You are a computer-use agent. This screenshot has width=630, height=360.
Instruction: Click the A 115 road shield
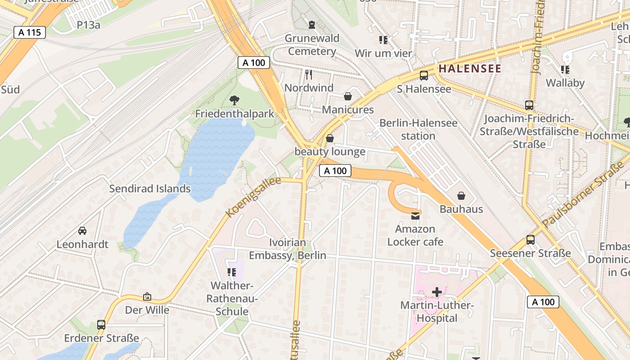click(x=30, y=32)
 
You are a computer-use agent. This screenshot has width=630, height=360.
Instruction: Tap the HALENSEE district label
click(x=470, y=68)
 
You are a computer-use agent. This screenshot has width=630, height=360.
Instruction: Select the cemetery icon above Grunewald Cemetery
click(x=311, y=24)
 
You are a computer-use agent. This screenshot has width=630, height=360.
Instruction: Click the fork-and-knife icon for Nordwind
click(x=309, y=74)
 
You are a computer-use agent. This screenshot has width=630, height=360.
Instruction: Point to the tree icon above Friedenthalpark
click(x=234, y=100)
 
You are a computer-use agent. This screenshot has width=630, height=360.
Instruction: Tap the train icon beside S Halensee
click(x=423, y=76)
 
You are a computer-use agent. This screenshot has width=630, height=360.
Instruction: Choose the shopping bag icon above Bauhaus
click(x=461, y=196)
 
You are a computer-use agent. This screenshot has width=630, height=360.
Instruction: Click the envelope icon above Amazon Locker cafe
click(x=415, y=216)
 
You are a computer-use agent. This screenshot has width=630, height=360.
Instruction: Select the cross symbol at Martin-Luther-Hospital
click(x=436, y=292)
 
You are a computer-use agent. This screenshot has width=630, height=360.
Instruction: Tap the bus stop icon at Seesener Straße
click(x=531, y=240)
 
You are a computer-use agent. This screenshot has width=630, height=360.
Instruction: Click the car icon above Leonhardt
click(x=82, y=231)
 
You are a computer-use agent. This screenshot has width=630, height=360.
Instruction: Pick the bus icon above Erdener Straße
click(x=101, y=324)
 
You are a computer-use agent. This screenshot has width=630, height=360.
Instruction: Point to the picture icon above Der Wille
click(x=147, y=297)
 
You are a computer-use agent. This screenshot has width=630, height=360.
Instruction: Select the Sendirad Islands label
click(x=150, y=189)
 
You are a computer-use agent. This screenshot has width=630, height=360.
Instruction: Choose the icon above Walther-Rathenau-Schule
click(x=232, y=272)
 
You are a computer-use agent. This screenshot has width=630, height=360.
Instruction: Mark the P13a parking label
click(x=89, y=25)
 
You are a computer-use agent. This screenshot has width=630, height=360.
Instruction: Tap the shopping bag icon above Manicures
click(x=347, y=96)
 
